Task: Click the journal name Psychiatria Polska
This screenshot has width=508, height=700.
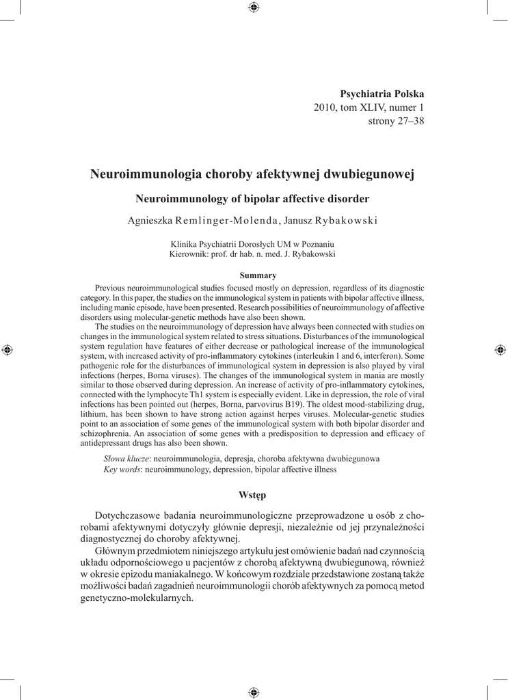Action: tap(382, 93)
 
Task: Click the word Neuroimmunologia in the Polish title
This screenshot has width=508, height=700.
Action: tap(146, 174)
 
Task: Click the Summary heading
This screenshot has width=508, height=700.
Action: tap(253, 275)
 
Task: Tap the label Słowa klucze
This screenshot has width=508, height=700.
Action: tap(126, 459)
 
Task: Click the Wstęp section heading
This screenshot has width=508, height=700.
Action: tap(253, 494)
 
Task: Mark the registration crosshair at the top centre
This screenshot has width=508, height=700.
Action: tap(254, 8)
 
